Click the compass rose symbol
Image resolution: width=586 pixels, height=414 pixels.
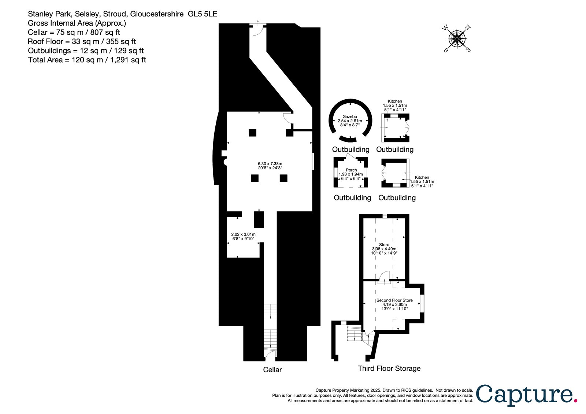457,39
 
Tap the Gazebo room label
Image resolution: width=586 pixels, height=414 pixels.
350,117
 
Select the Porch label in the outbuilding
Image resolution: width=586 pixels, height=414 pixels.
351,170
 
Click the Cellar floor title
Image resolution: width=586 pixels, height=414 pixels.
272,370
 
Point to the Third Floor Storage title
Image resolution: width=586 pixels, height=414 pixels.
389,368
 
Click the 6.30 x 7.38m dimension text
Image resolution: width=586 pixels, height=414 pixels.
270,164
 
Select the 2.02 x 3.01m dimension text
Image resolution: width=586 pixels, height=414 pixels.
243,234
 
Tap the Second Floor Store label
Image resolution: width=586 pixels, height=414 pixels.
394,300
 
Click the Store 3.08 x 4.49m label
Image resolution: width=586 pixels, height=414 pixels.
384,249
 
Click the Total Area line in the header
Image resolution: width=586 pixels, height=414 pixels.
87,60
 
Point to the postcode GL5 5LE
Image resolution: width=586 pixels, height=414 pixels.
203,14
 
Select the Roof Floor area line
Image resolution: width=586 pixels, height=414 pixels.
82,41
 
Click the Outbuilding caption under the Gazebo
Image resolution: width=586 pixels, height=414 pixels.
351,149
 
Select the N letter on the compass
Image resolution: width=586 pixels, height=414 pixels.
467,27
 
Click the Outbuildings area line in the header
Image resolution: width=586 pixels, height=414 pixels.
86,51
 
